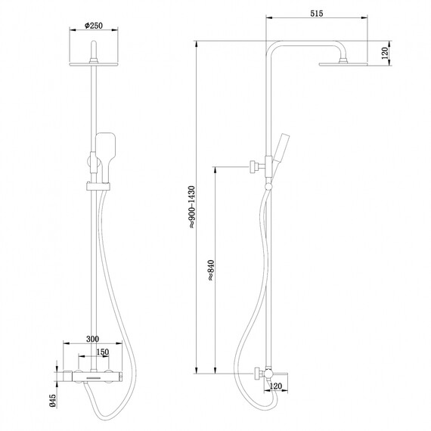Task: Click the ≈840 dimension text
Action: (x=209, y=269)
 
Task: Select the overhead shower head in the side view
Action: (x=343, y=64)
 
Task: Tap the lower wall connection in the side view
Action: (x=259, y=373)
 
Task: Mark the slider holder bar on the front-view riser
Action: (x=98, y=185)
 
